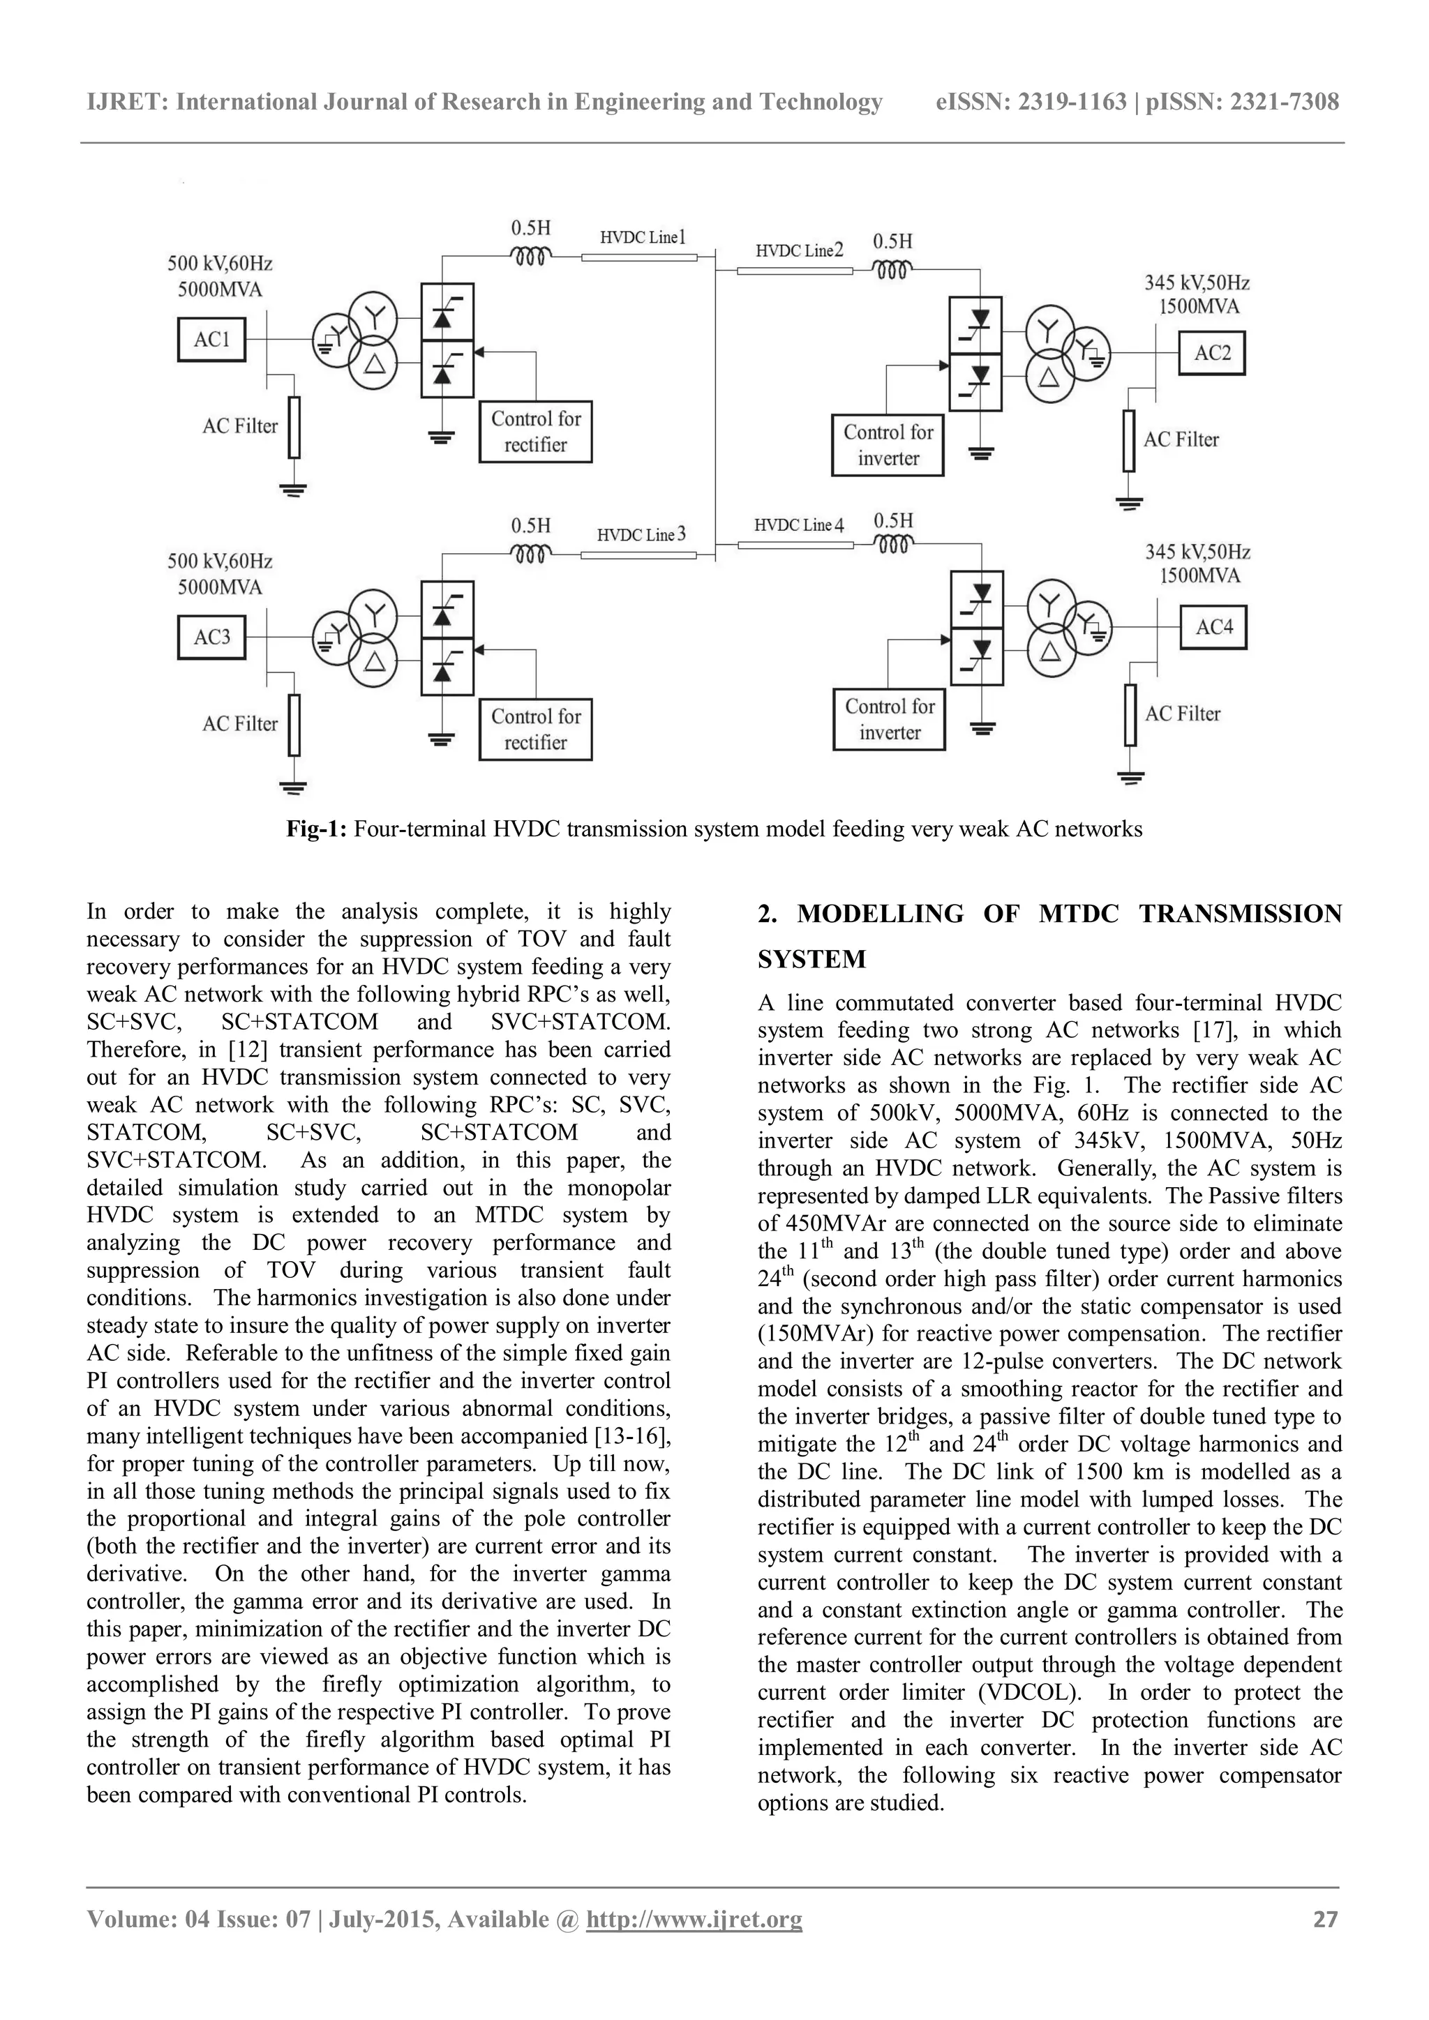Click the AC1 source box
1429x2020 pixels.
click(x=211, y=340)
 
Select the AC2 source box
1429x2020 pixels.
click(x=1212, y=354)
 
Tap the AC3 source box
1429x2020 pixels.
click(x=211, y=637)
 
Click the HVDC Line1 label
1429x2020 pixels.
click(x=643, y=238)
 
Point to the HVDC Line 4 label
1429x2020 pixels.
click(x=798, y=525)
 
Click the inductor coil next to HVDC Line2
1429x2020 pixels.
click(x=891, y=269)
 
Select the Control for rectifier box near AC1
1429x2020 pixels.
click(x=535, y=432)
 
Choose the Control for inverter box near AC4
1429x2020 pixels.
click(x=889, y=719)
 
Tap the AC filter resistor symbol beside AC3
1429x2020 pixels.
click(x=294, y=725)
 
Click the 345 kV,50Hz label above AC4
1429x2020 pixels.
click(x=1197, y=552)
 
